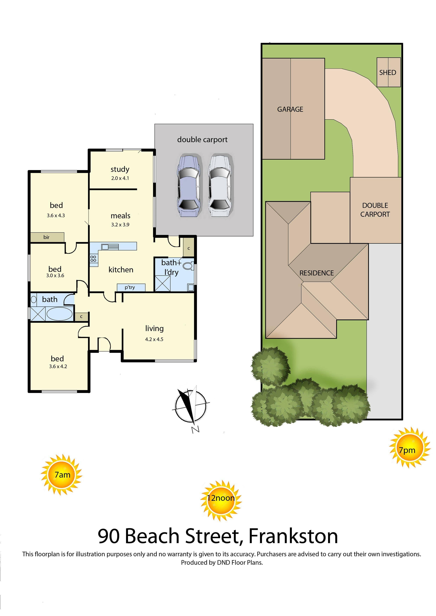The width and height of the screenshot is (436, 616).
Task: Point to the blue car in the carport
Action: pyautogui.click(x=188, y=186)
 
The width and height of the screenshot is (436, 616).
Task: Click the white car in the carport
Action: pyautogui.click(x=219, y=186)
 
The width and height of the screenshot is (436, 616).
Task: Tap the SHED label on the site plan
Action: pyautogui.click(x=387, y=72)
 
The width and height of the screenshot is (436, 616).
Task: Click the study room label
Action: pyautogui.click(x=120, y=169)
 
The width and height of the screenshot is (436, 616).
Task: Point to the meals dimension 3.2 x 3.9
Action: pyautogui.click(x=120, y=224)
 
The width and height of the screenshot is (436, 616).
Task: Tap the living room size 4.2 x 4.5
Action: pyautogui.click(x=154, y=339)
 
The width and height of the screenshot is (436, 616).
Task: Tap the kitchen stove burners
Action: pyautogui.click(x=93, y=259)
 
